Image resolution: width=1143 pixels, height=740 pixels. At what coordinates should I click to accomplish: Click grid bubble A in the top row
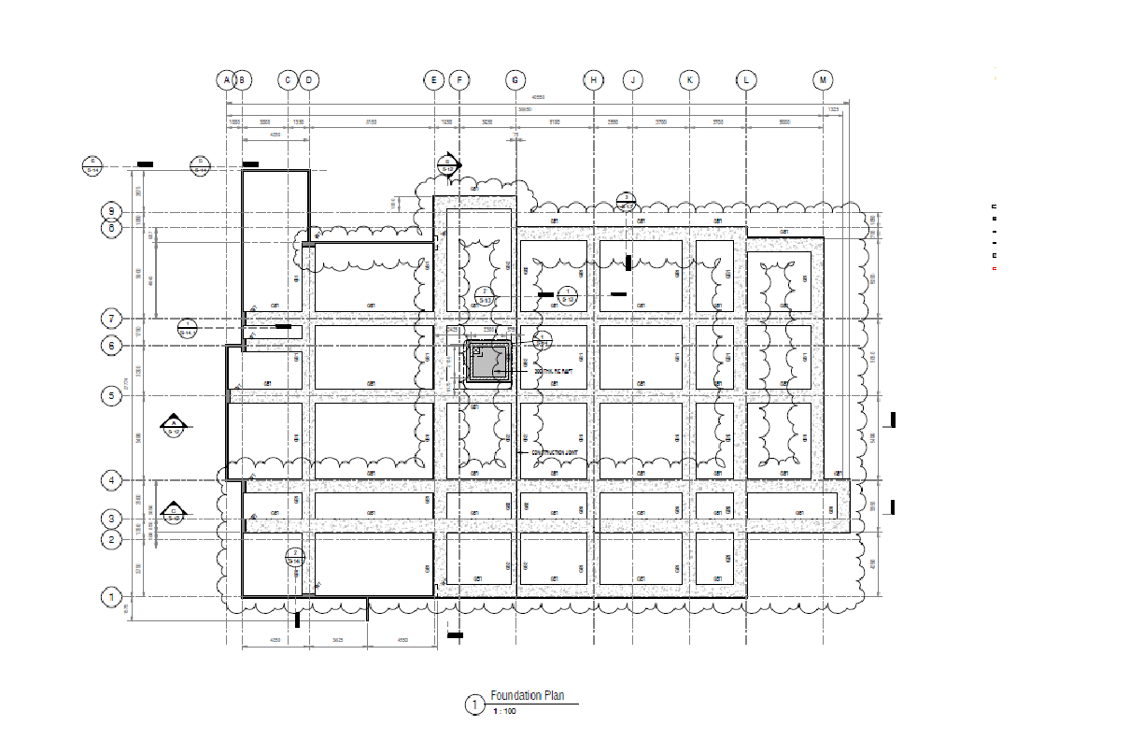point(225,80)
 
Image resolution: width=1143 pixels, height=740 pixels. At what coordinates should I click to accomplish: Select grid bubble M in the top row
point(823,80)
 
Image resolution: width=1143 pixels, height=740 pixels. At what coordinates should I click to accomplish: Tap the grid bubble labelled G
point(515,80)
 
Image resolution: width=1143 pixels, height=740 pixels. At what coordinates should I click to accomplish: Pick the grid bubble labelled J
point(632,80)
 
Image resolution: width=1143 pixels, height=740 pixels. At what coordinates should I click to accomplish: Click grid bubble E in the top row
point(434,80)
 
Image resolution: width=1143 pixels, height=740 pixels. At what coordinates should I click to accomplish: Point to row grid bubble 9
point(111,211)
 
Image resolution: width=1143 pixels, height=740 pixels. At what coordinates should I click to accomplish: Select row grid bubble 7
point(111,319)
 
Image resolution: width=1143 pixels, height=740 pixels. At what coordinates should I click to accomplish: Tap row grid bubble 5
point(111,395)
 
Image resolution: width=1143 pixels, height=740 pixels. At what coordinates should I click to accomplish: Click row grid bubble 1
point(111,596)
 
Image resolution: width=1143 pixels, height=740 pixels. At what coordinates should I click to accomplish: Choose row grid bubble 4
point(111,481)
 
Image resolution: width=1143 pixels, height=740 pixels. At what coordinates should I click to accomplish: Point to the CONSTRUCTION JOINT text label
point(555,453)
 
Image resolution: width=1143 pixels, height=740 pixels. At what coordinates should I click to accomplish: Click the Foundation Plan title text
point(528,695)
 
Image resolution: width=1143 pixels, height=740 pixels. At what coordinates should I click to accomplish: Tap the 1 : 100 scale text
point(504,712)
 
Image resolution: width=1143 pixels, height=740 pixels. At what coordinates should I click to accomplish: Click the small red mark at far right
point(995,269)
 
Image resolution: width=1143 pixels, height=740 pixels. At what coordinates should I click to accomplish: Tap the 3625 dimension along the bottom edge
point(337,641)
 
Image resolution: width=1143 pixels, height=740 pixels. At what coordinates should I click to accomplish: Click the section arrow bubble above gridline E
point(448,165)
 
